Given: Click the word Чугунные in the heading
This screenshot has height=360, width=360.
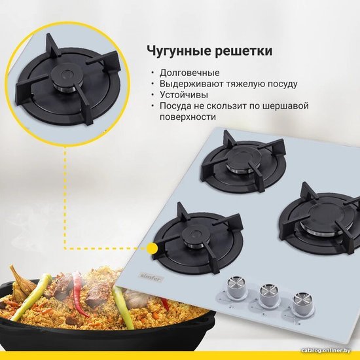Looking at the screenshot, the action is click(x=179, y=51).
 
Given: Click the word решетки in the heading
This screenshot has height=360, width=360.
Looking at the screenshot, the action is click(x=243, y=52).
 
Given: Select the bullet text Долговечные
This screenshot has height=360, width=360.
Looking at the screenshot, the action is click(x=190, y=73).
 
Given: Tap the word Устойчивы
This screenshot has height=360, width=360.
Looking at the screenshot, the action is click(x=184, y=95).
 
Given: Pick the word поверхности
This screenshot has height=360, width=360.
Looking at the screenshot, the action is click(x=188, y=117).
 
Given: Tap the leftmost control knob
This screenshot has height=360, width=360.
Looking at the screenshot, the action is click(x=236, y=287).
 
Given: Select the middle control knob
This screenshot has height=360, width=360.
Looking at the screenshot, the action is click(x=268, y=295).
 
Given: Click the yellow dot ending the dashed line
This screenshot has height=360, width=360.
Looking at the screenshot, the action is click(x=152, y=249).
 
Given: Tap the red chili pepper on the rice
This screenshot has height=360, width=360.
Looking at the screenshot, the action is click(x=79, y=294).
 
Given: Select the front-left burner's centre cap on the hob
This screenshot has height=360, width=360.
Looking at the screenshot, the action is click(x=196, y=234).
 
